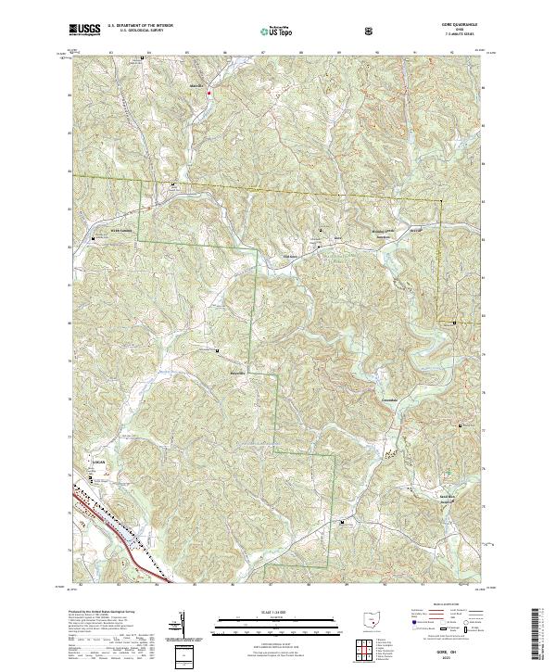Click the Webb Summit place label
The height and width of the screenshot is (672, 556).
coord(109,229)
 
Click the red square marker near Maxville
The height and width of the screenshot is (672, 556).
coord(210,93)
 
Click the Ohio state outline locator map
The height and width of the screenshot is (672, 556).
coord(371,625)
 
